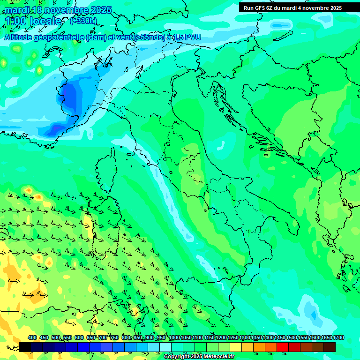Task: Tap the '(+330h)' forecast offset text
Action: point(83,21)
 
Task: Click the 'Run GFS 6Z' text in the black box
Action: point(258,8)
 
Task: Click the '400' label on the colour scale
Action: point(32,337)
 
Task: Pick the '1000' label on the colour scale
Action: point(174,337)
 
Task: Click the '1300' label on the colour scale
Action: point(245,337)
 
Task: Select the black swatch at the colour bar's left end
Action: point(25,347)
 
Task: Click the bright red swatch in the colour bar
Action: point(283,347)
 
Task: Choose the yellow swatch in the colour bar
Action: point(236,347)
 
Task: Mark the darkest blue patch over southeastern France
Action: point(70,96)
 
